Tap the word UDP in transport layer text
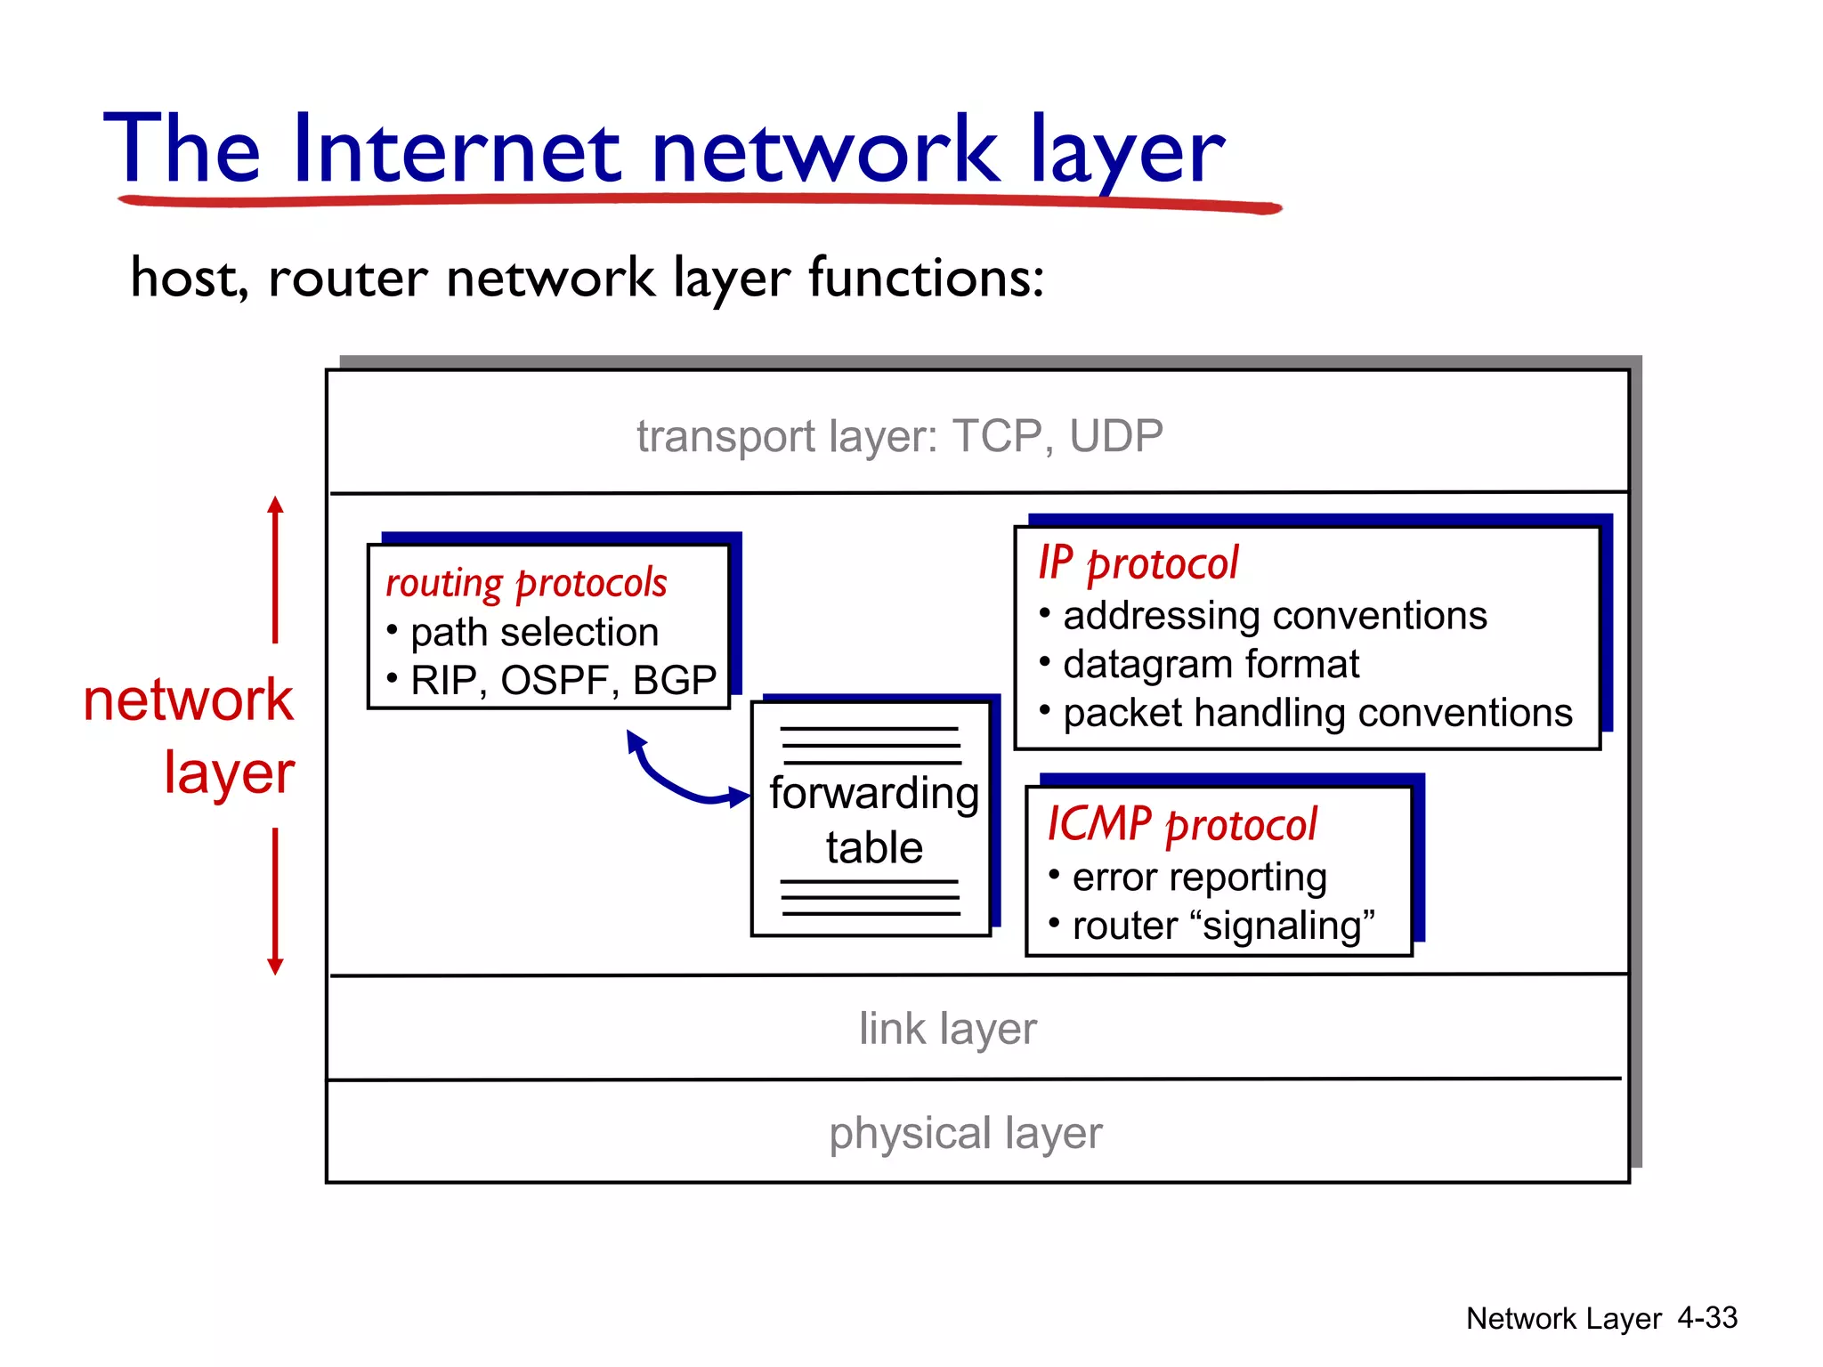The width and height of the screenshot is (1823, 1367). (x=1115, y=436)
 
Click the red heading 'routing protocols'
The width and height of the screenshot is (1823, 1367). (x=525, y=584)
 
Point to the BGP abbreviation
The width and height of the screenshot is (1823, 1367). (x=674, y=681)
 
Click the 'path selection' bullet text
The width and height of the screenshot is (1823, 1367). (x=534, y=633)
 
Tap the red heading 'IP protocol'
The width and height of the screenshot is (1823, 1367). (x=1138, y=563)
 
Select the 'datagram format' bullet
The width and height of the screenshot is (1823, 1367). (x=1211, y=665)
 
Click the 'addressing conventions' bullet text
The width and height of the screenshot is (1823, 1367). (x=1275, y=616)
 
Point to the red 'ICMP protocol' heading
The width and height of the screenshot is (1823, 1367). (x=1181, y=824)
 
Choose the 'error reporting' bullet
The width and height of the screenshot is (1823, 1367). (x=1199, y=878)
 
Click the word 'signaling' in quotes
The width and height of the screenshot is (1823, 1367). (x=1282, y=926)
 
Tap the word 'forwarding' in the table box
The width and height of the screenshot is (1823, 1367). (x=873, y=793)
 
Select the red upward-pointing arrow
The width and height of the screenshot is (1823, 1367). (x=275, y=570)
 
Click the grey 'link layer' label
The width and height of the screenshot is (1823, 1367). (x=947, y=1029)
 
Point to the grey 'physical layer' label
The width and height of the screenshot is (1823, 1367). (x=965, y=1133)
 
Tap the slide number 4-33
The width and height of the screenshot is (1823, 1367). (x=1706, y=1317)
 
